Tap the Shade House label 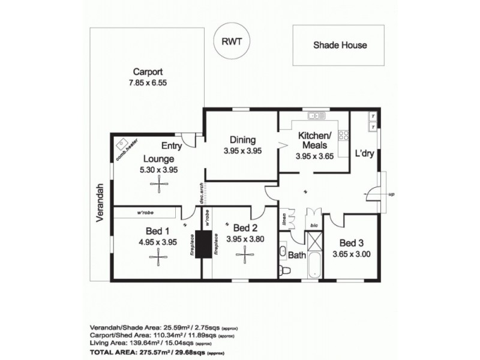click(340, 45)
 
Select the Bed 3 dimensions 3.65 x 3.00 click(351, 254)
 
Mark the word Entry click(172, 145)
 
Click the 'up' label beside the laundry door click(392, 195)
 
